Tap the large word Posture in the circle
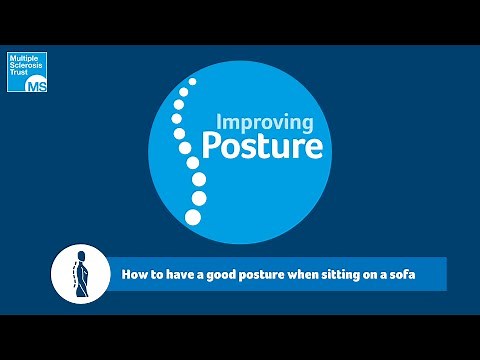(x=262, y=147)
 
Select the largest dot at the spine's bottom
(x=193, y=216)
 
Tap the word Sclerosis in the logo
(x=24, y=67)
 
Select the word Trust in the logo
(x=19, y=75)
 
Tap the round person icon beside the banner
(x=79, y=271)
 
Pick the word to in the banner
(x=155, y=273)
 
